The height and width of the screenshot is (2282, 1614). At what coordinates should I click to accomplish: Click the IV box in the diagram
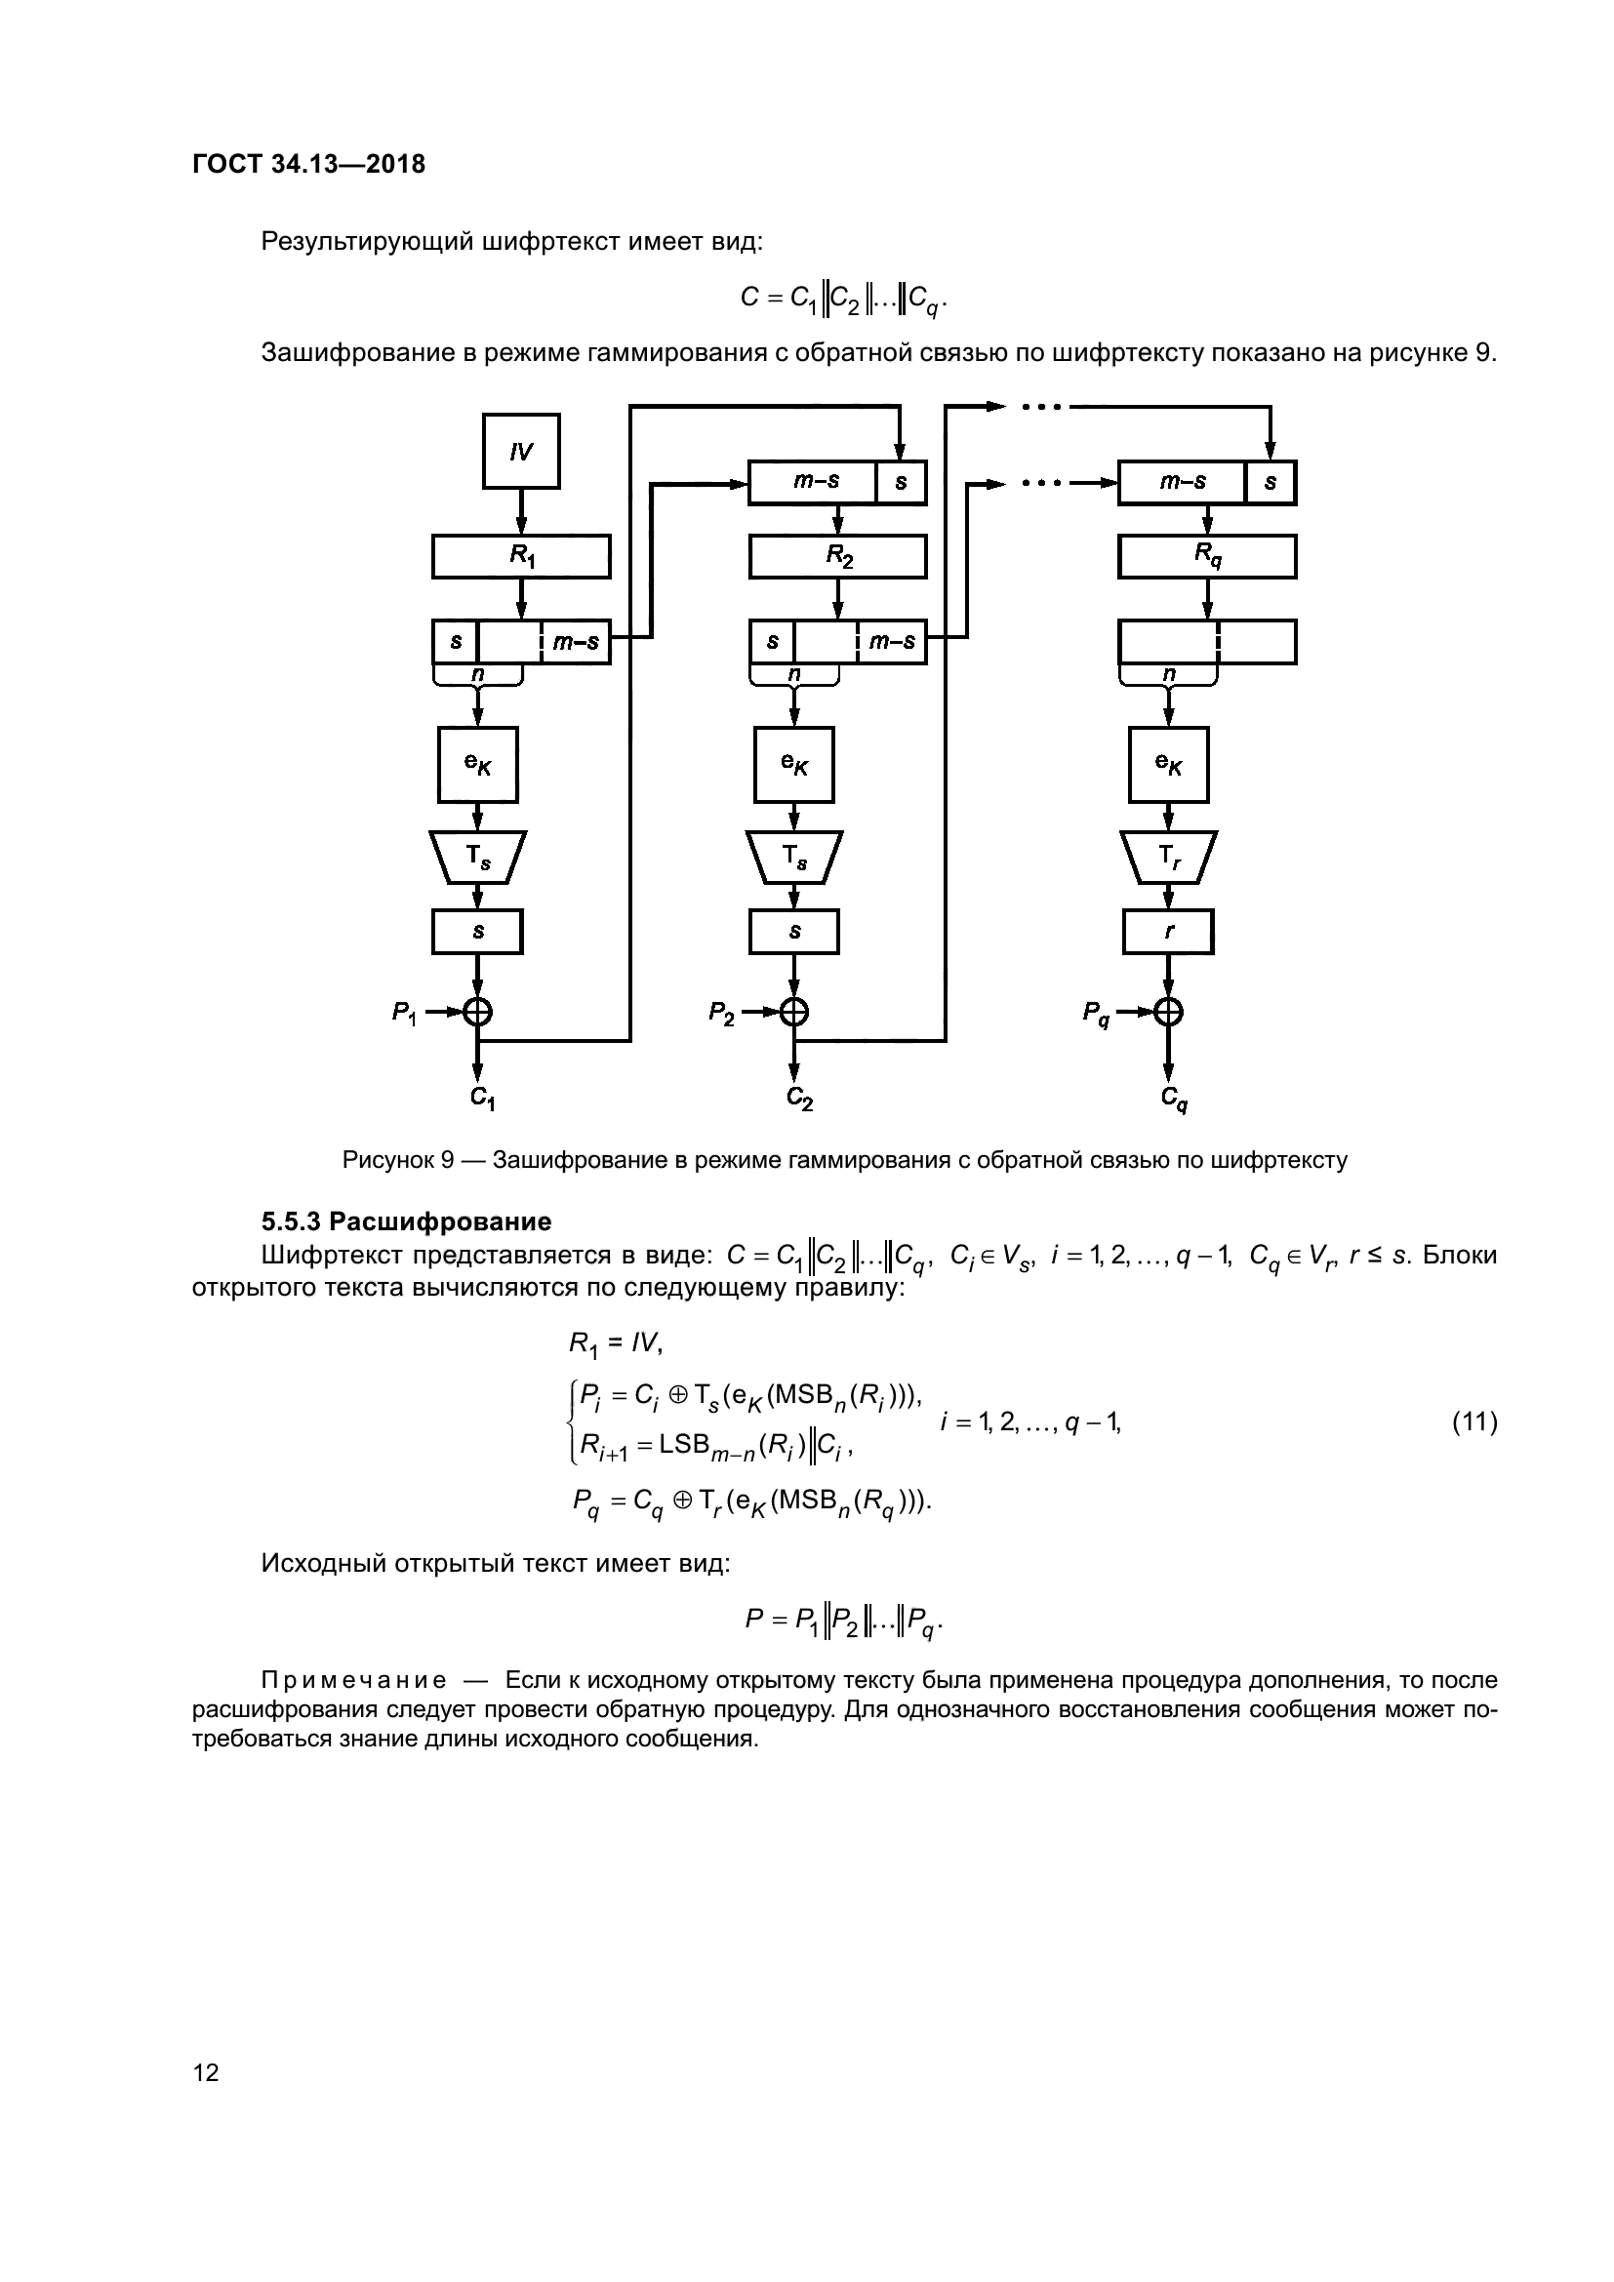(521, 452)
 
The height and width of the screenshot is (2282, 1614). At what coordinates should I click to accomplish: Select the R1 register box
(521, 556)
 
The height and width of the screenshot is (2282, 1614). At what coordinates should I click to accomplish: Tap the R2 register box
(838, 556)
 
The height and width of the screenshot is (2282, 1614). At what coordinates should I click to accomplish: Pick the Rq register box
(1206, 556)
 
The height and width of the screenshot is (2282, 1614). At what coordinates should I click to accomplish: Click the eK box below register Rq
(1169, 764)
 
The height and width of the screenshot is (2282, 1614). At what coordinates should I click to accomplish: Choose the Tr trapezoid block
(1169, 857)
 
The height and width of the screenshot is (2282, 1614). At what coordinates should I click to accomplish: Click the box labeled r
(1169, 933)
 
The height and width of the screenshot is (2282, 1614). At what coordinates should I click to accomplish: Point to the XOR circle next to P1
(478, 1012)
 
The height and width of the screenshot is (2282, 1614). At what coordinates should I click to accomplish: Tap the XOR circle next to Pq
(1169, 1012)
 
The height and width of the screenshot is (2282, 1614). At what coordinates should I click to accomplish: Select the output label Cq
(1174, 1099)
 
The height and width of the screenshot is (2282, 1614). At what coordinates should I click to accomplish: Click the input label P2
(720, 1013)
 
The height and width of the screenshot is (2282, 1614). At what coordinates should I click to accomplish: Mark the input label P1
(404, 1013)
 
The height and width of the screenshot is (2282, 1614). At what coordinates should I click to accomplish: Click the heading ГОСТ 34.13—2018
(308, 164)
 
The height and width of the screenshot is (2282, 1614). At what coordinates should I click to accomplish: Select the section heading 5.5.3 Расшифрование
(406, 1221)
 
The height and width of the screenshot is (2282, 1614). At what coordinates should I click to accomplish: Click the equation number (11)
(1473, 1422)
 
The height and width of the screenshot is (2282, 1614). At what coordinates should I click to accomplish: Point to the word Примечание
(353, 1681)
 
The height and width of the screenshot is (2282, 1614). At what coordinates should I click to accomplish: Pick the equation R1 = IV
(615, 1344)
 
